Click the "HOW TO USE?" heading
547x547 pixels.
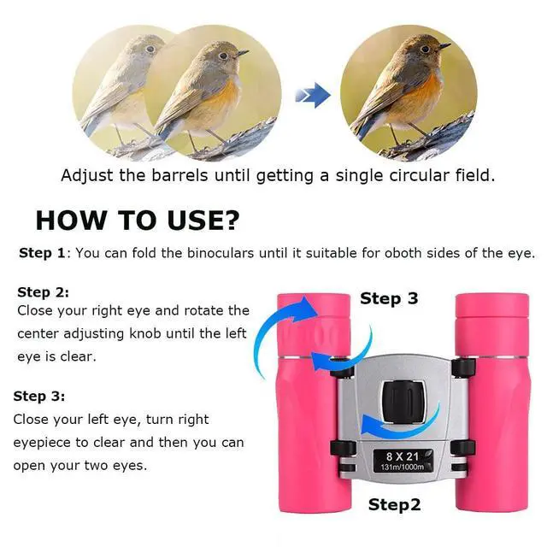[138, 221]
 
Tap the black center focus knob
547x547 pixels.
[403, 402]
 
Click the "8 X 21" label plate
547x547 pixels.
[403, 462]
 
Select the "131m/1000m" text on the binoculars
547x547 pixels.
[403, 467]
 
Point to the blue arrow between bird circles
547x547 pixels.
[313, 95]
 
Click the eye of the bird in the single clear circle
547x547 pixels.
[426, 50]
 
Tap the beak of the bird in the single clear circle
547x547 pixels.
[444, 45]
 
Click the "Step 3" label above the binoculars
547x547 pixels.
[389, 298]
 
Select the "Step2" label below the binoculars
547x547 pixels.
[394, 505]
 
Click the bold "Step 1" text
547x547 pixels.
[42, 253]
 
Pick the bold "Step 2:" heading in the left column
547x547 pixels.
[44, 292]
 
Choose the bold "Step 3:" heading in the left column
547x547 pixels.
[39, 397]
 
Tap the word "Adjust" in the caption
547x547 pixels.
[87, 175]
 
